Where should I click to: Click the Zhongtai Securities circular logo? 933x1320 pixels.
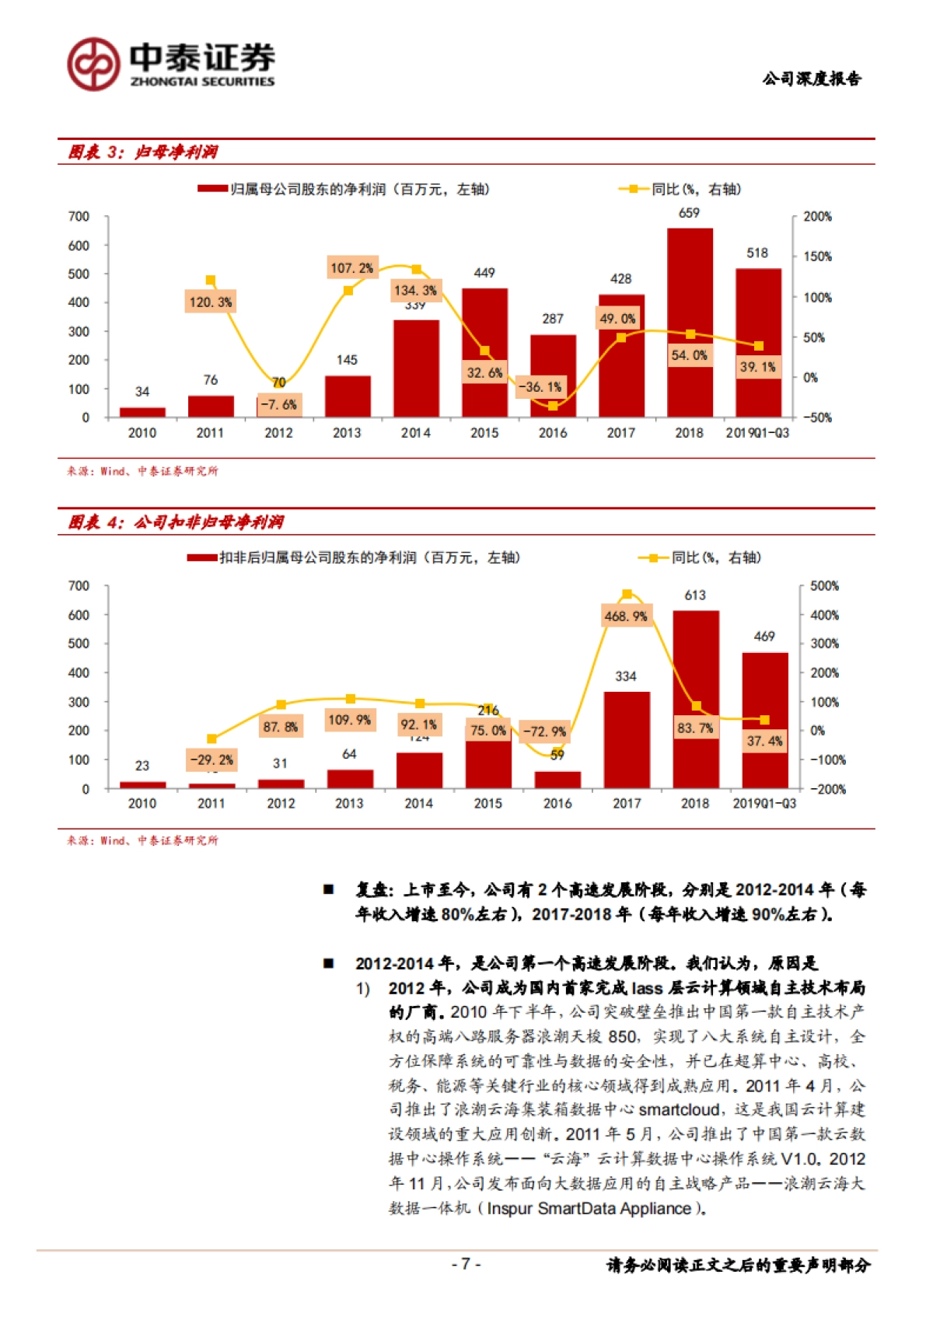(93, 65)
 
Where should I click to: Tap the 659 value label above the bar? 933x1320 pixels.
(689, 213)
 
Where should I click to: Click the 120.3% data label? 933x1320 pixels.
(211, 302)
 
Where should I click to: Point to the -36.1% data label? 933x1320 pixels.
(540, 387)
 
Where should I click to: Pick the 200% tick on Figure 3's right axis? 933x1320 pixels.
(817, 217)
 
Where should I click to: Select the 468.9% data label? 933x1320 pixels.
(626, 616)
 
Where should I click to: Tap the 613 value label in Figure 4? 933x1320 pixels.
(695, 595)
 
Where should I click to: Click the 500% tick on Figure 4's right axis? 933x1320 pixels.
(824, 586)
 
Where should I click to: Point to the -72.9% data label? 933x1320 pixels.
(544, 732)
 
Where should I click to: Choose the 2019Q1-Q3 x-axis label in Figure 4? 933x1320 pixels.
(764, 804)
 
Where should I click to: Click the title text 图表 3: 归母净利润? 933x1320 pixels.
(143, 152)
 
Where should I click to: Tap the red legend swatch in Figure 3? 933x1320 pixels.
(212, 189)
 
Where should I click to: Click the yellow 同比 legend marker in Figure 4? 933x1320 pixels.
(653, 558)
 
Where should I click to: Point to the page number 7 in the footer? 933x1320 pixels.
(466, 1264)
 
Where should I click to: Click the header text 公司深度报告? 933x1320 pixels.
(812, 79)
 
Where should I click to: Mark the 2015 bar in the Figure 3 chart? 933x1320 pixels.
(484, 353)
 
